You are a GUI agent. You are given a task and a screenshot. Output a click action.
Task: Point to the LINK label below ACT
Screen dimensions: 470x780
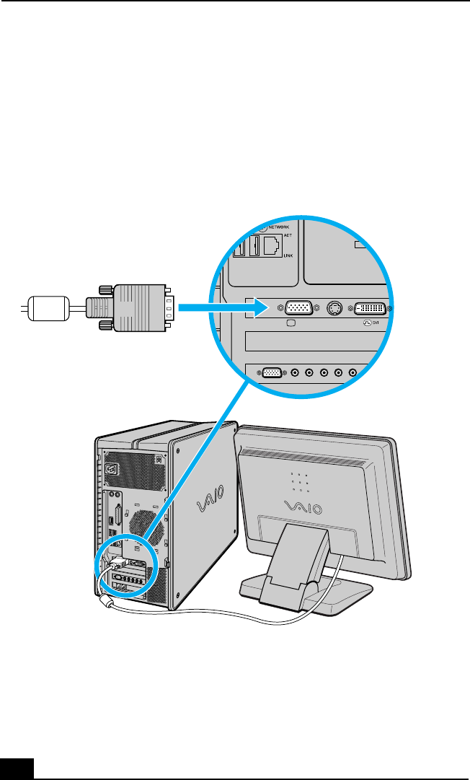tap(288, 255)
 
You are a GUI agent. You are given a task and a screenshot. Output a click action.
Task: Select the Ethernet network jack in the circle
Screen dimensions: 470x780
tap(271, 247)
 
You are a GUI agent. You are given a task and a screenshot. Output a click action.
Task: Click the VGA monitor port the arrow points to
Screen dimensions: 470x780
tap(299, 307)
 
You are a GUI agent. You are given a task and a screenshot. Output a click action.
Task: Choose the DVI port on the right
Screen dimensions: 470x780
tap(371, 307)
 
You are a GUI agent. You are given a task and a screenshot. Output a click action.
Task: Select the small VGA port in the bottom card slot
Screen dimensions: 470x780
tap(272, 372)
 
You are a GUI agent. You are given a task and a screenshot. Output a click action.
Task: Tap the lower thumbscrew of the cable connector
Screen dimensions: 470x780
tap(102, 327)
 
